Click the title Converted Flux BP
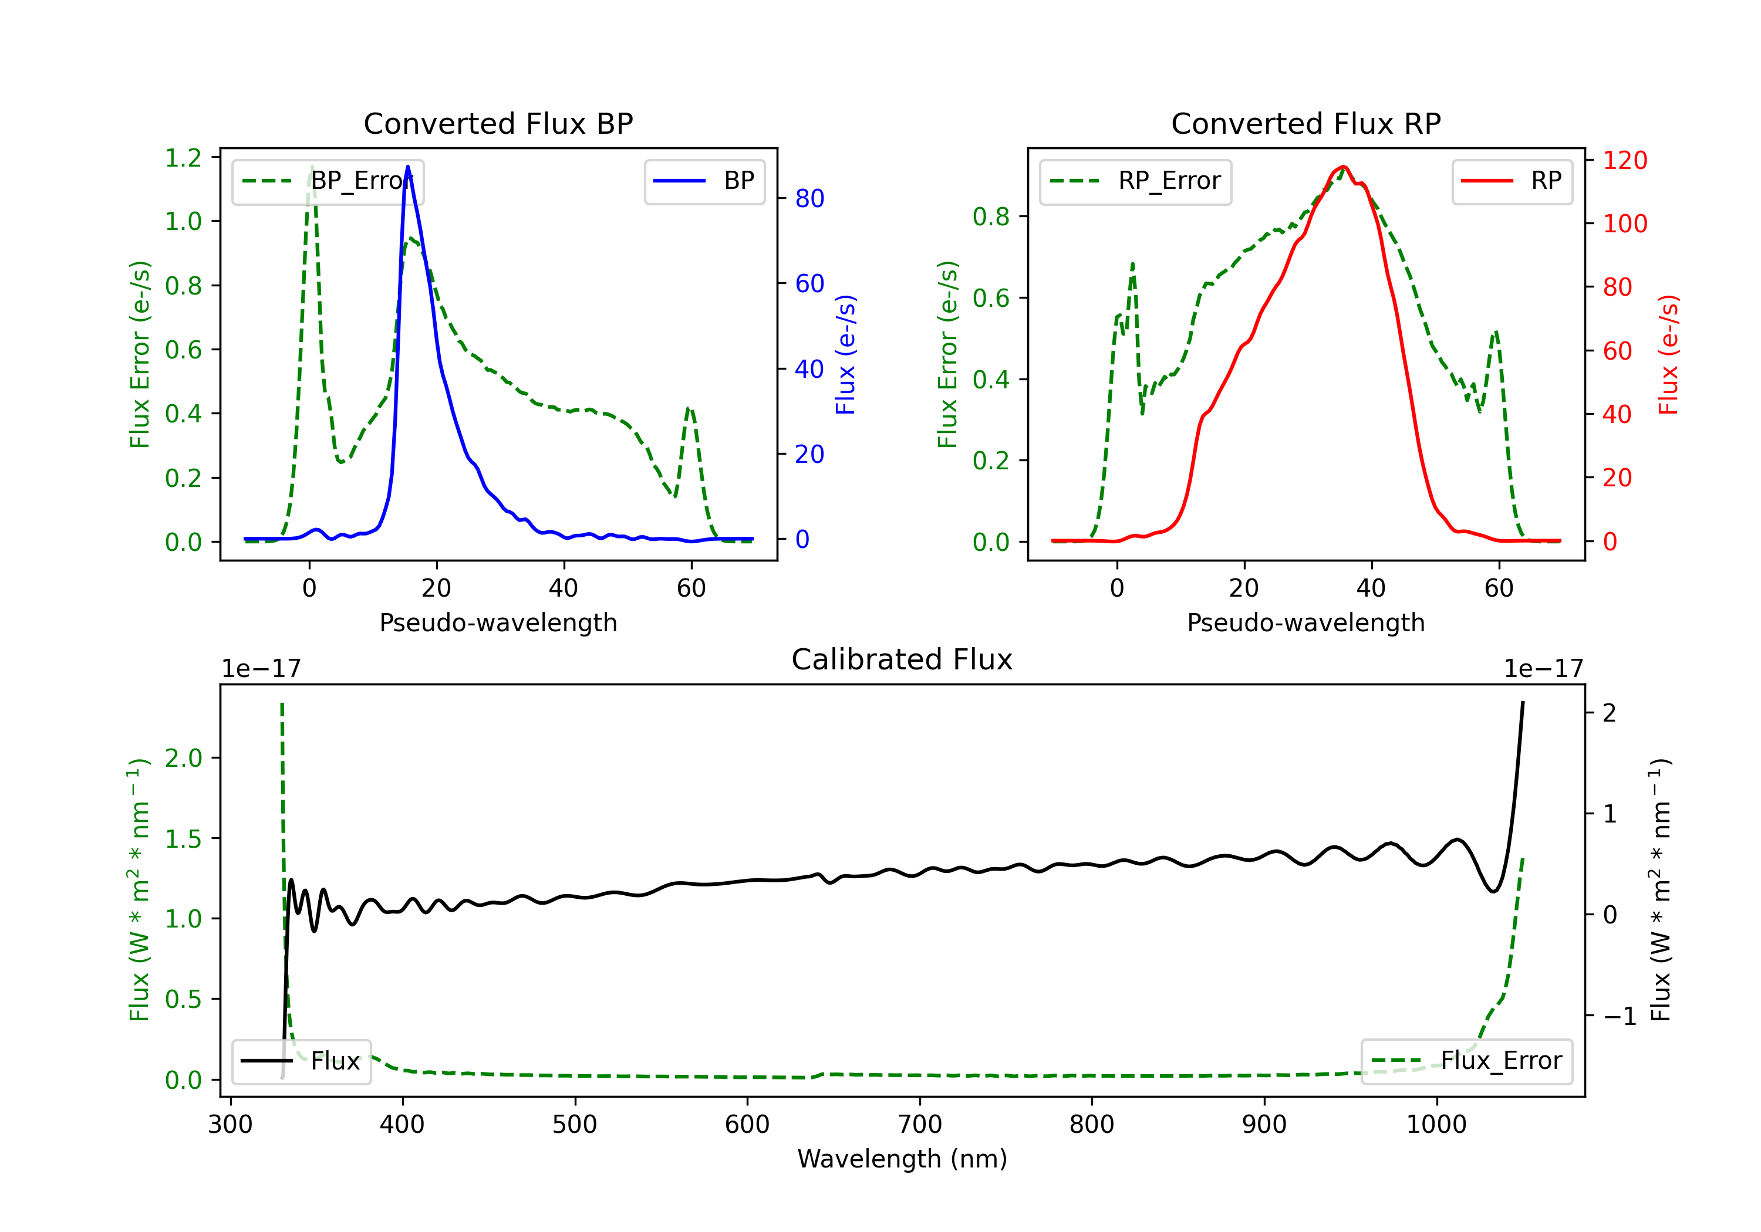coord(498,123)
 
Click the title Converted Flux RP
coord(1305,123)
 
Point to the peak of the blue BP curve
coord(407,167)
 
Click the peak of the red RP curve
coord(1343,167)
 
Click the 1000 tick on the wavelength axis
coord(1436,1125)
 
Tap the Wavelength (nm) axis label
coord(902,1159)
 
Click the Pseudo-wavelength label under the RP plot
coord(1305,622)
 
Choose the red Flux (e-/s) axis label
coord(1668,354)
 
